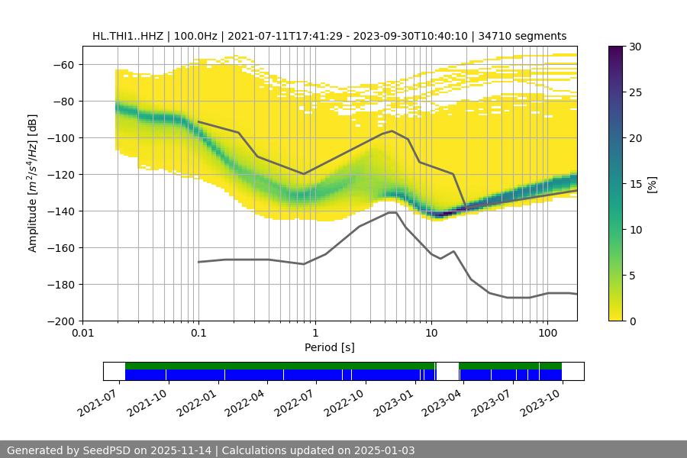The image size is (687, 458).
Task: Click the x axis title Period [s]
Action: click(329, 347)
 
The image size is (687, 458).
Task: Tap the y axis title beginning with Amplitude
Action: click(33, 183)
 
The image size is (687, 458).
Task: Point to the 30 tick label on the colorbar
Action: click(634, 47)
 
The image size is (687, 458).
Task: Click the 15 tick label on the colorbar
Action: click(634, 184)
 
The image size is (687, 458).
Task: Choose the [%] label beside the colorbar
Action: click(652, 183)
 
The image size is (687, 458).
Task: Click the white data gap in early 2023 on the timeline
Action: click(447, 371)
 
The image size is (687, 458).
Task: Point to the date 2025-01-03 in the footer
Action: click(385, 450)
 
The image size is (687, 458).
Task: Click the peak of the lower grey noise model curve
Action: click(392, 213)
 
